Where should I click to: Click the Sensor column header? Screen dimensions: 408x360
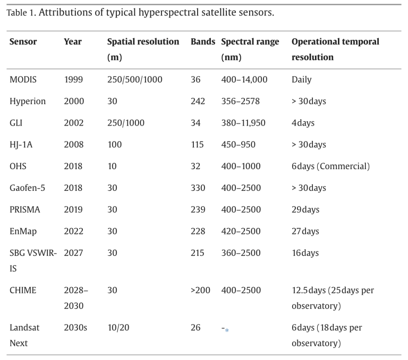pos(23,41)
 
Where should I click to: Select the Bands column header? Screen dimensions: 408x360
pos(203,41)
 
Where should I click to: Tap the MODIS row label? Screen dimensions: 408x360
pos(23,79)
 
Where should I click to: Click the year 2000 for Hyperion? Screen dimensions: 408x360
pos(74,101)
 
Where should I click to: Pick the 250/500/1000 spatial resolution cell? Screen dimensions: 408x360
pos(135,79)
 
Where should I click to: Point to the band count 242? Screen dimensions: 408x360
pos(198,101)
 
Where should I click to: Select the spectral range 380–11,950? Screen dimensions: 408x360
pos(243,123)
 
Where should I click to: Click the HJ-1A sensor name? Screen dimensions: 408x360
pos(21,145)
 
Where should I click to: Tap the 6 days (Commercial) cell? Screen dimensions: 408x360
pos(330,166)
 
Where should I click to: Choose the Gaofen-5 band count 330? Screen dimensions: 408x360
pos(198,188)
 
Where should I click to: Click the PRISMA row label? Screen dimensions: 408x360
pos(25,210)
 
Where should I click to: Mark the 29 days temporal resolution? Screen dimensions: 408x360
pos(305,210)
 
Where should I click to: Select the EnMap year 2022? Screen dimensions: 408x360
pos(74,231)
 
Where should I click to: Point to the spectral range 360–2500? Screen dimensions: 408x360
pos(241,253)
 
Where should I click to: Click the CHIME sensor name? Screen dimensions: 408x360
pos(23,290)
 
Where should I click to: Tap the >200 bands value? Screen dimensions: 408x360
pos(200,290)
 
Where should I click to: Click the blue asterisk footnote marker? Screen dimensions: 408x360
pos(227,330)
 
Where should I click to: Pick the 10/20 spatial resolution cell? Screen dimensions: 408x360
pos(118,328)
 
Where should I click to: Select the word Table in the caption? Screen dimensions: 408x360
pos(16,13)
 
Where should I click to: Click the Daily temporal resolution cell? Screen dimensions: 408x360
pos(302,80)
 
